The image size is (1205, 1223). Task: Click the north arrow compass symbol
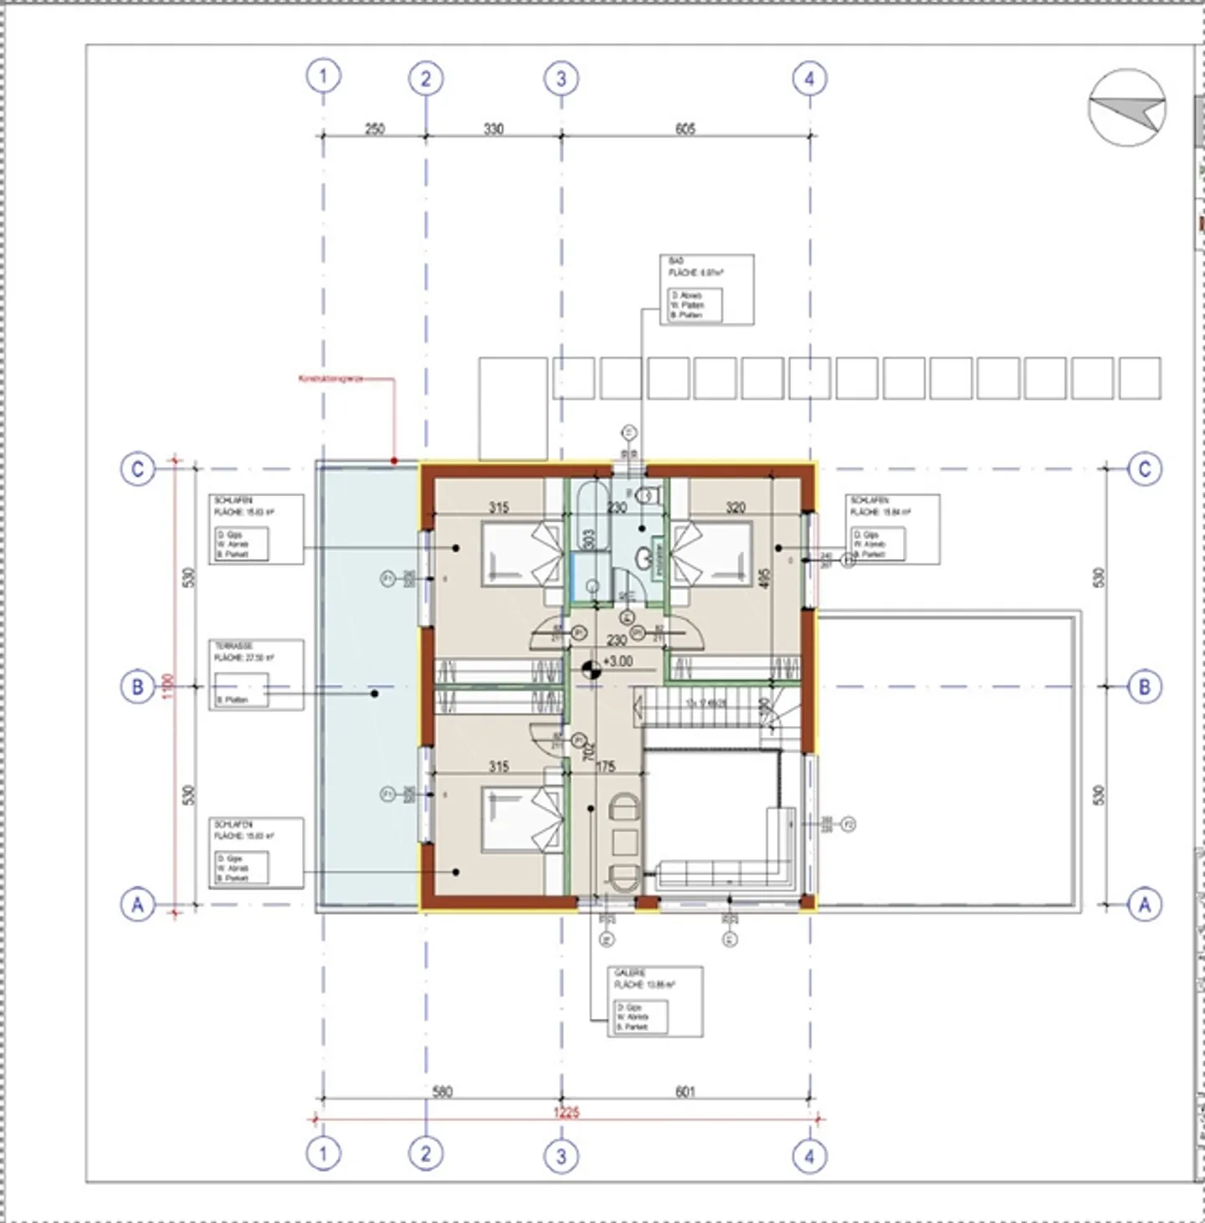pyautogui.click(x=1127, y=108)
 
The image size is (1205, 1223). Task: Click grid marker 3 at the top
pyautogui.click(x=561, y=79)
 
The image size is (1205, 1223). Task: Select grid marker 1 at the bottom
pyautogui.click(x=323, y=1154)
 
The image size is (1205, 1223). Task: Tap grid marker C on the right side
pyautogui.click(x=1144, y=468)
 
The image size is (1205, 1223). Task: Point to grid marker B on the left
pyautogui.click(x=137, y=687)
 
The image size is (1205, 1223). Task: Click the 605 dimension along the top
pyautogui.click(x=685, y=129)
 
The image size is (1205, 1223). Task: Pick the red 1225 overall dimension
pyautogui.click(x=567, y=1113)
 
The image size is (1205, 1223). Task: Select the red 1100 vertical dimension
pyautogui.click(x=170, y=686)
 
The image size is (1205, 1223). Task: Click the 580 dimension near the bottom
pyautogui.click(x=442, y=1092)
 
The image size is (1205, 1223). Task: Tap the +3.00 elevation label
pyautogui.click(x=618, y=662)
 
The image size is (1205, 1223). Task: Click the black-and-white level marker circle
pyautogui.click(x=592, y=668)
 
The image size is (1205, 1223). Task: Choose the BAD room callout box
pyautogui.click(x=706, y=289)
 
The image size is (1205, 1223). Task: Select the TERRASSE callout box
pyautogui.click(x=255, y=675)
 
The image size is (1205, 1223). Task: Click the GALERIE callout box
pyautogui.click(x=654, y=1002)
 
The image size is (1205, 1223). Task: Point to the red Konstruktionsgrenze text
pyautogui.click(x=331, y=379)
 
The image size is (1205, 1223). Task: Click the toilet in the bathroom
pyautogui.click(x=646, y=495)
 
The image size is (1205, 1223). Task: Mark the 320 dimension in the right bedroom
pyautogui.click(x=736, y=507)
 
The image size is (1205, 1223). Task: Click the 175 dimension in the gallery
pyautogui.click(x=605, y=766)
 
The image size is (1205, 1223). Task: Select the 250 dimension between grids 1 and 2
pyautogui.click(x=374, y=129)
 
